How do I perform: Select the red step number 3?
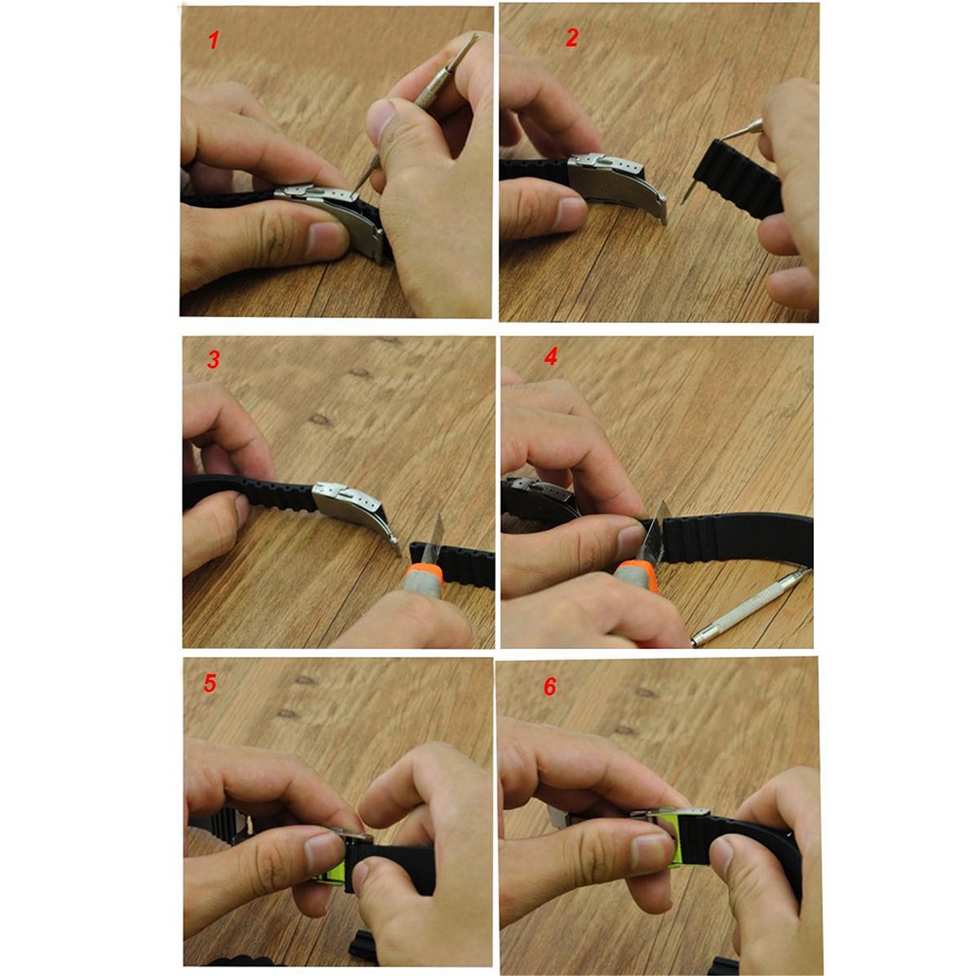tap(213, 360)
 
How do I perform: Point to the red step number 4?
tap(550, 357)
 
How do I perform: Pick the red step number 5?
tap(210, 682)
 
